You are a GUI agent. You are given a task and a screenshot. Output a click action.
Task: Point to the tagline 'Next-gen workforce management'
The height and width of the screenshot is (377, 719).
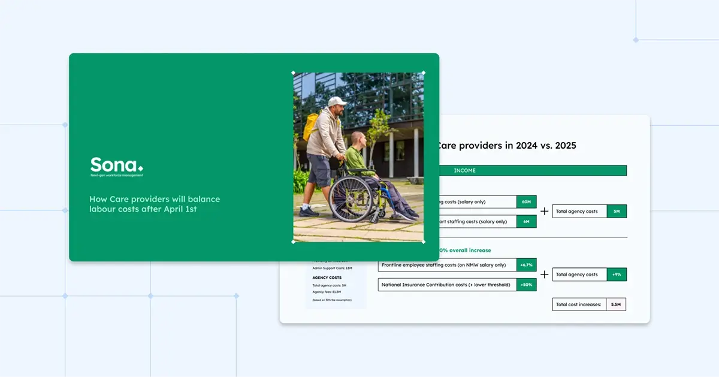pyautogui.click(x=116, y=176)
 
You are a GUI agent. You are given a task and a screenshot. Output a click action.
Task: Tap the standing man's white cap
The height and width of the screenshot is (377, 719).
pyautogui.click(x=337, y=101)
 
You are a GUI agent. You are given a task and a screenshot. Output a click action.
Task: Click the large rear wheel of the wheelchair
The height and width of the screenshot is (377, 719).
pyautogui.click(x=351, y=198)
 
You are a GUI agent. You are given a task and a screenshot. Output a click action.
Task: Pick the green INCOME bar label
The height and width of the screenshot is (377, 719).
pyautogui.click(x=464, y=171)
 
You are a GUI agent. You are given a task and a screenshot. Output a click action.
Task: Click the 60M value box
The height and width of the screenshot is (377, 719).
pyautogui.click(x=526, y=202)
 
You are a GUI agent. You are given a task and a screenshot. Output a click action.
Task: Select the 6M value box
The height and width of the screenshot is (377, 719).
pyautogui.click(x=526, y=222)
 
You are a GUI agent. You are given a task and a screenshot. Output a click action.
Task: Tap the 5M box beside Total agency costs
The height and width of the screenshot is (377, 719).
pyautogui.click(x=617, y=212)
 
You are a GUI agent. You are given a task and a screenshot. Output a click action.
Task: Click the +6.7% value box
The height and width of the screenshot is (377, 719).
pyautogui.click(x=526, y=265)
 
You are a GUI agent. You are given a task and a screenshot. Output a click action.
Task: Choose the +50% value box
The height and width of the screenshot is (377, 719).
pyautogui.click(x=526, y=285)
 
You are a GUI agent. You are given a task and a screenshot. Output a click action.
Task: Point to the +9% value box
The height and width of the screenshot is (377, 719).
pyautogui.click(x=617, y=275)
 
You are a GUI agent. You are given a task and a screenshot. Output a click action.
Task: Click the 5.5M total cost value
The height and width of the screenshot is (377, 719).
pyautogui.click(x=616, y=304)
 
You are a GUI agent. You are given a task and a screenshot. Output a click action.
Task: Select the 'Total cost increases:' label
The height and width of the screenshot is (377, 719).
pyautogui.click(x=578, y=304)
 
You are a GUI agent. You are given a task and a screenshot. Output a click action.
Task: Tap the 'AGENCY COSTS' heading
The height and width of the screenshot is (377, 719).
pyautogui.click(x=327, y=278)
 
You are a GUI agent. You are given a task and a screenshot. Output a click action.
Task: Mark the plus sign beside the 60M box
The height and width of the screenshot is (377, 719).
pyautogui.click(x=544, y=212)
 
